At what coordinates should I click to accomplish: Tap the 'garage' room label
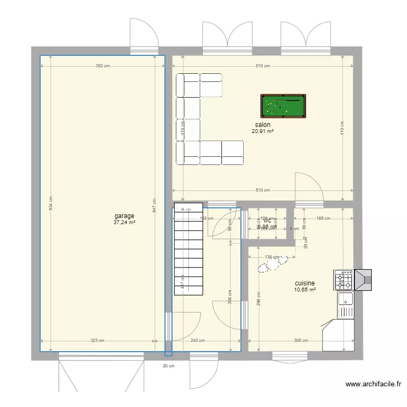[124, 216]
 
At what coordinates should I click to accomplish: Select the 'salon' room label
[263, 125]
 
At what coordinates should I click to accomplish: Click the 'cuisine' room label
[305, 283]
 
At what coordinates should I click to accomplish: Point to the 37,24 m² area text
[124, 222]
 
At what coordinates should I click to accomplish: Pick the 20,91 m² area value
[263, 131]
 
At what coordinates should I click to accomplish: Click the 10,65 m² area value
[305, 290]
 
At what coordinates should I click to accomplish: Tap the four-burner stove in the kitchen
[343, 281]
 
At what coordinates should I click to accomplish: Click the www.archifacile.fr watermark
[374, 384]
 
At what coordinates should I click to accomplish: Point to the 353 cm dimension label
[103, 66]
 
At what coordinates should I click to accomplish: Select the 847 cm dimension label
[154, 207]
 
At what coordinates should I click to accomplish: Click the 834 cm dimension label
[50, 203]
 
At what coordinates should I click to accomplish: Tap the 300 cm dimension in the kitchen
[301, 341]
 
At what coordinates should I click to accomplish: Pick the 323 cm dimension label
[97, 341]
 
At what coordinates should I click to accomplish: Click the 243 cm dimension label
[198, 341]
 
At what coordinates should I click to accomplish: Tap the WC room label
[267, 221]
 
